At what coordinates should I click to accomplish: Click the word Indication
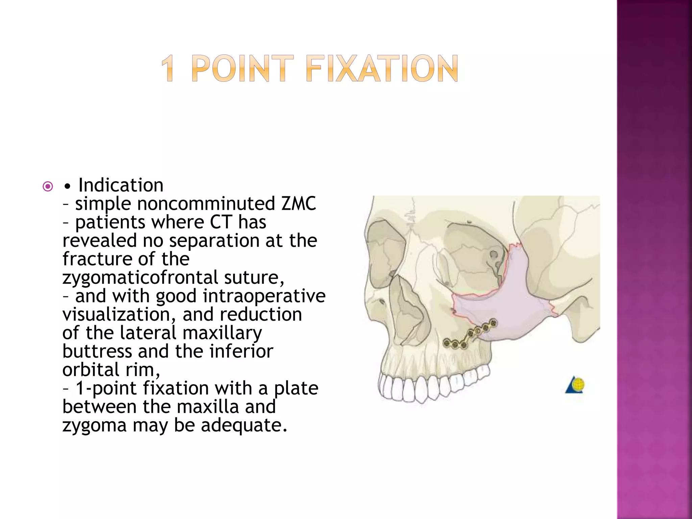coord(121,185)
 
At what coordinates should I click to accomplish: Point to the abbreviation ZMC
coord(299,203)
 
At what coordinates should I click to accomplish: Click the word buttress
coord(97,351)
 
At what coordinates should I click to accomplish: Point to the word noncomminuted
coord(206,204)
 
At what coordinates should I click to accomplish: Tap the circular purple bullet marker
coord(48,187)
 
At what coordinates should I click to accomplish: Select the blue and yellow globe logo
coord(575,385)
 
